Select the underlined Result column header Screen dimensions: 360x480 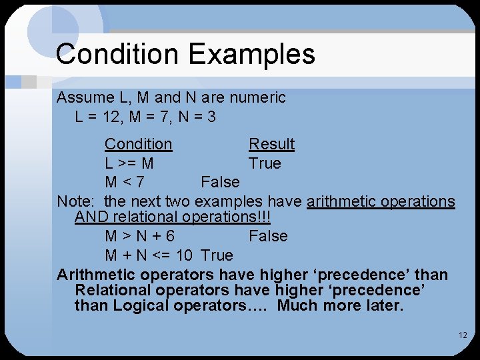271,144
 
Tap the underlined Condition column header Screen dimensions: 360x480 138,144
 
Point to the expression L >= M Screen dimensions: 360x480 129,163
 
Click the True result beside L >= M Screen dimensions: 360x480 265,163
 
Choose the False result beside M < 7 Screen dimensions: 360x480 220,182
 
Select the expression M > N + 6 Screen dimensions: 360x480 140,236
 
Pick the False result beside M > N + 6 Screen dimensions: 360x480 268,236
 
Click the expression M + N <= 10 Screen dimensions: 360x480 149,255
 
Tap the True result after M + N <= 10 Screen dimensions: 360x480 217,255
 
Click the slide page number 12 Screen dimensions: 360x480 463,335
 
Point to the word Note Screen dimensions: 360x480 74,201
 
